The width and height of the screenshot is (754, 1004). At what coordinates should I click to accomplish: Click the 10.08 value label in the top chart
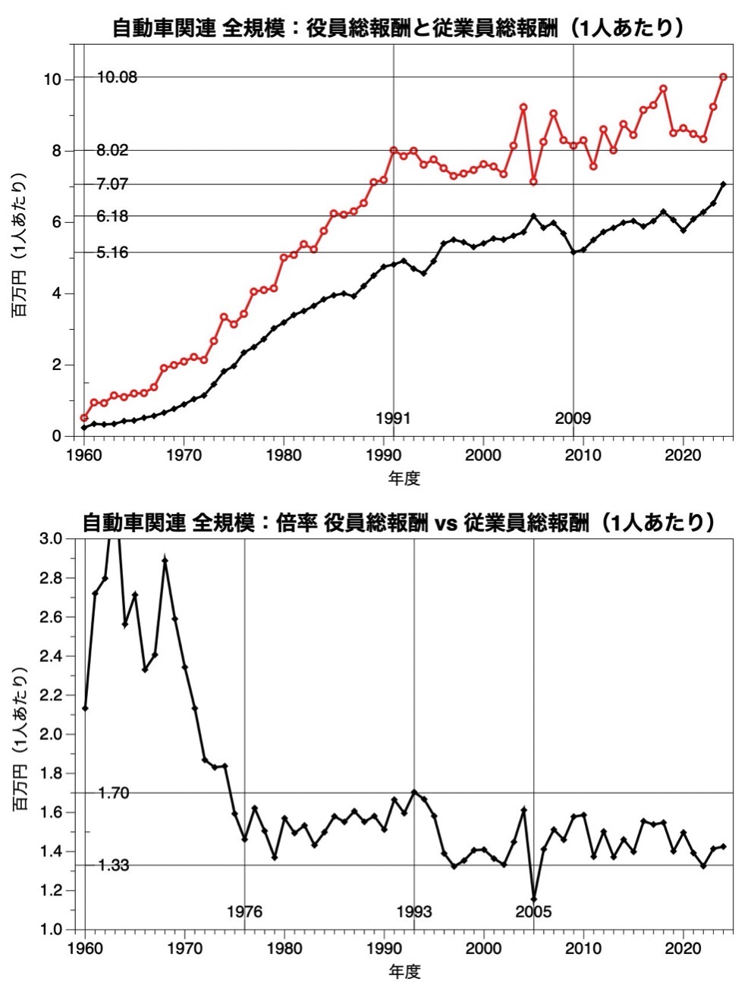(117, 77)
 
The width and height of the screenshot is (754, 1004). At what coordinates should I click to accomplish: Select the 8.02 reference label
(112, 150)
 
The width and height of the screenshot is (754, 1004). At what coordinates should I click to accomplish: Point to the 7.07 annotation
(112, 184)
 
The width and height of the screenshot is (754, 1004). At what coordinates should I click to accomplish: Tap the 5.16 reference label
(112, 253)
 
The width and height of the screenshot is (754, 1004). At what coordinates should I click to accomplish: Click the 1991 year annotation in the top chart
(393, 419)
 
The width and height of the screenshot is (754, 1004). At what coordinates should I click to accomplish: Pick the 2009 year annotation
(573, 419)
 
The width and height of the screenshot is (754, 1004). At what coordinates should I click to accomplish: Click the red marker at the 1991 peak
(394, 150)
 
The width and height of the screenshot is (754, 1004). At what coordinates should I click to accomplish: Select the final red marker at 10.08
(724, 77)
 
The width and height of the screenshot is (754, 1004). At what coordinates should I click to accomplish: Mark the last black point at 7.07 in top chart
(724, 184)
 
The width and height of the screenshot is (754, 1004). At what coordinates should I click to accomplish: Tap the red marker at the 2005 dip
(533, 182)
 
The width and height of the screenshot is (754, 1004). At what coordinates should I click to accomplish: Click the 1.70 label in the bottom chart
(114, 793)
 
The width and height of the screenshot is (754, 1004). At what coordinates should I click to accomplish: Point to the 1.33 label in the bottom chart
(114, 865)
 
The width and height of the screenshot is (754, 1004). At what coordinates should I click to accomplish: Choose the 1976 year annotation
(244, 912)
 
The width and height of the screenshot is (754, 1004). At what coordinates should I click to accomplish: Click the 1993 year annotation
(414, 912)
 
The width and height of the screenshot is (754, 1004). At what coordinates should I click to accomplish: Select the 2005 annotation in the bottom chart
(533, 912)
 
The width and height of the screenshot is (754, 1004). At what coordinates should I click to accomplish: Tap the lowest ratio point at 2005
(534, 900)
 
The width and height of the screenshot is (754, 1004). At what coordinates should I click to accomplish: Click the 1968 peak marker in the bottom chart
(165, 561)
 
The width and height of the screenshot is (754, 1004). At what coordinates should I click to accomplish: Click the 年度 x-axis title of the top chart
(404, 478)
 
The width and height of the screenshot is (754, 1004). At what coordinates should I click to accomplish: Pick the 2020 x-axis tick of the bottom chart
(683, 949)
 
